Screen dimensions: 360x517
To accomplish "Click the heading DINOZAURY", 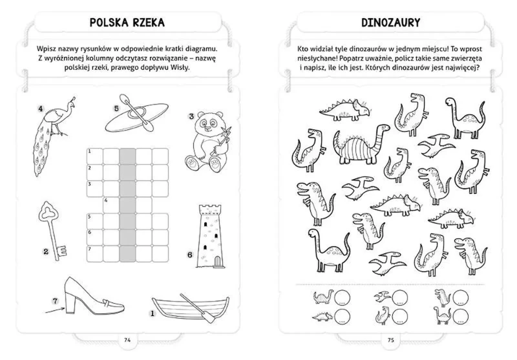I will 390,23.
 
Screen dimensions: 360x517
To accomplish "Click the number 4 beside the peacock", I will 39,109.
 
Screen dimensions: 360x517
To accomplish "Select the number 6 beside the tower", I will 190,255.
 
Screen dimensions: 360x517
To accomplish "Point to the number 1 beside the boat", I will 151,314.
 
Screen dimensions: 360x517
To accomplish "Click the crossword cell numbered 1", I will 94,156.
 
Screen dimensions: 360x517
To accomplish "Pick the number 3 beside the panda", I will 191,117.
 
